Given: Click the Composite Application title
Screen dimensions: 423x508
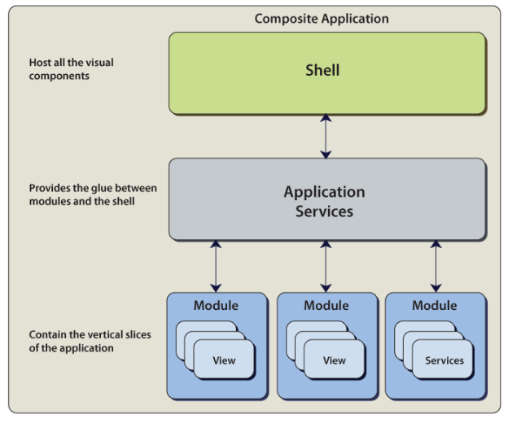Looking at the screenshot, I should tap(322, 18).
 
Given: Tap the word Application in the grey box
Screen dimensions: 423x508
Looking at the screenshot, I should tap(324, 192).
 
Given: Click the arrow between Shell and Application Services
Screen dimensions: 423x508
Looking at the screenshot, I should tap(326, 136).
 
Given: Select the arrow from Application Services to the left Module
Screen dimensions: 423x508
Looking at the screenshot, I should tap(216, 265).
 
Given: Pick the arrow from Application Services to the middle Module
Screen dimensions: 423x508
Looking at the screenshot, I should tap(326, 265).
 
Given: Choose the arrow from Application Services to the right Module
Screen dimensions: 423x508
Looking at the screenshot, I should tap(436, 265).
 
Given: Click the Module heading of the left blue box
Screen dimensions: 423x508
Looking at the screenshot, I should tap(216, 306).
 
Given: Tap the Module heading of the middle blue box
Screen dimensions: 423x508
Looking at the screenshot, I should tap(326, 306).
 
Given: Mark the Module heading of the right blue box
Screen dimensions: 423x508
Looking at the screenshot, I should tap(434, 306).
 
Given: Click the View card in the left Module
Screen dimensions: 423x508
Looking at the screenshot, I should tap(224, 360).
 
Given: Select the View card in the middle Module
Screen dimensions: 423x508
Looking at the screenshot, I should tap(335, 360).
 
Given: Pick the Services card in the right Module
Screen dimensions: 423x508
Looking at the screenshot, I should tap(444, 360).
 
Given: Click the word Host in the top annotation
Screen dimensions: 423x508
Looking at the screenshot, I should tap(40, 63).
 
